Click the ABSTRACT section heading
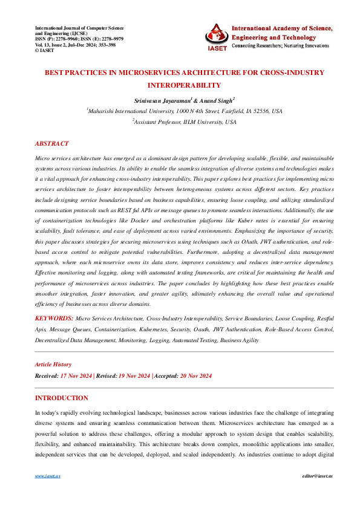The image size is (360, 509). click(52, 144)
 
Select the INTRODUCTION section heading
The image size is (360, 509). click(62, 398)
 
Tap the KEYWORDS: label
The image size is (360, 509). click(54, 317)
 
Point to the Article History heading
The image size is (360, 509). click(53, 365)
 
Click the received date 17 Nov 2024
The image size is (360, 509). click(76, 375)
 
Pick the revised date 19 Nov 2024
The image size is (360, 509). click(134, 375)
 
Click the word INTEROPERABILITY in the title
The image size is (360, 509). click(180, 85)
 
